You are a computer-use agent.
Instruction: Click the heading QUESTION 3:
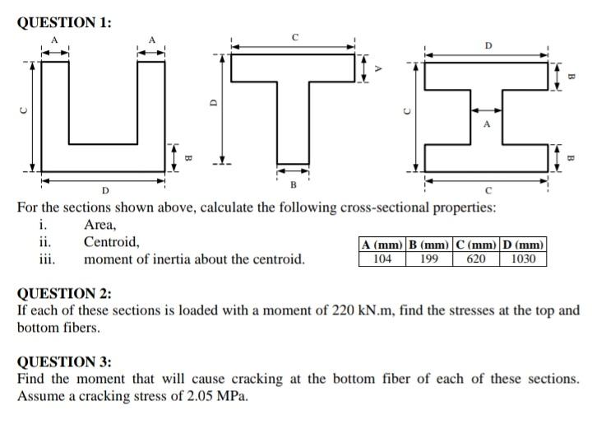[64, 361]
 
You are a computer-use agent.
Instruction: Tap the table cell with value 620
[477, 259]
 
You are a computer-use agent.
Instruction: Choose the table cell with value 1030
[523, 259]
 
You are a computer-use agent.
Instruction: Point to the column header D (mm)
[523, 245]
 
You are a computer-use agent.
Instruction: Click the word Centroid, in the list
[111, 242]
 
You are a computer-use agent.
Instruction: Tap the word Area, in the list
[100, 225]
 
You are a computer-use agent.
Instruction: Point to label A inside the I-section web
[486, 126]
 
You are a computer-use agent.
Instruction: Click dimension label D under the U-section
[104, 192]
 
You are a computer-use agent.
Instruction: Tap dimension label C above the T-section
[294, 37]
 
